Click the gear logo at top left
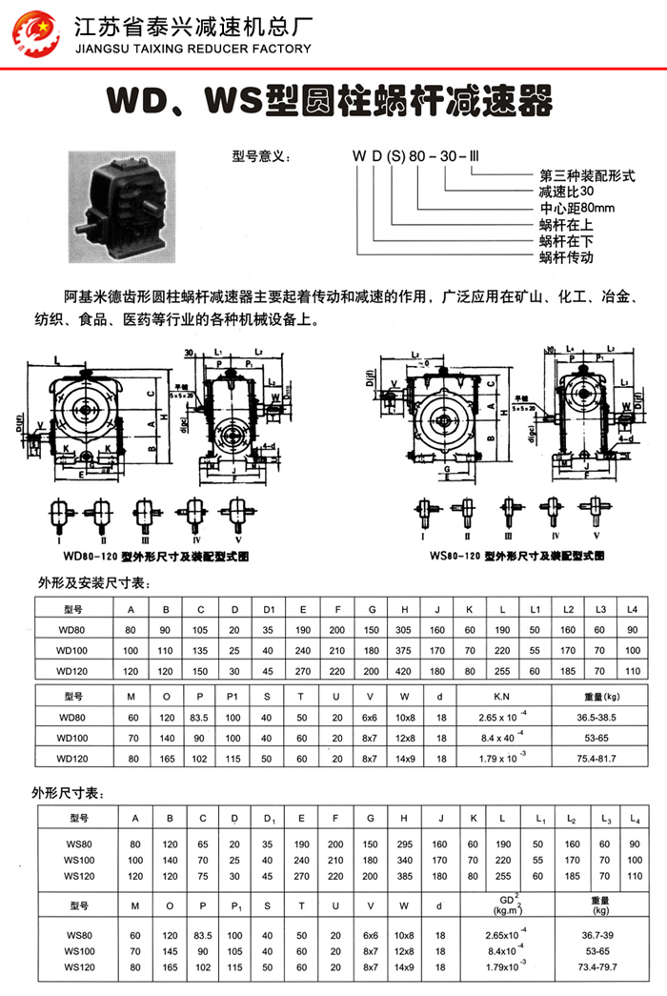point(35,33)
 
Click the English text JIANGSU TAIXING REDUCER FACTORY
point(192,49)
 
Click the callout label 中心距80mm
point(577,208)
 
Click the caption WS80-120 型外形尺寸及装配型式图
point(521,555)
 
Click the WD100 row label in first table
point(71,651)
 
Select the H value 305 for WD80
point(405,630)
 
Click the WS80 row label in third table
point(78,844)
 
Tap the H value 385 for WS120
point(405,876)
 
